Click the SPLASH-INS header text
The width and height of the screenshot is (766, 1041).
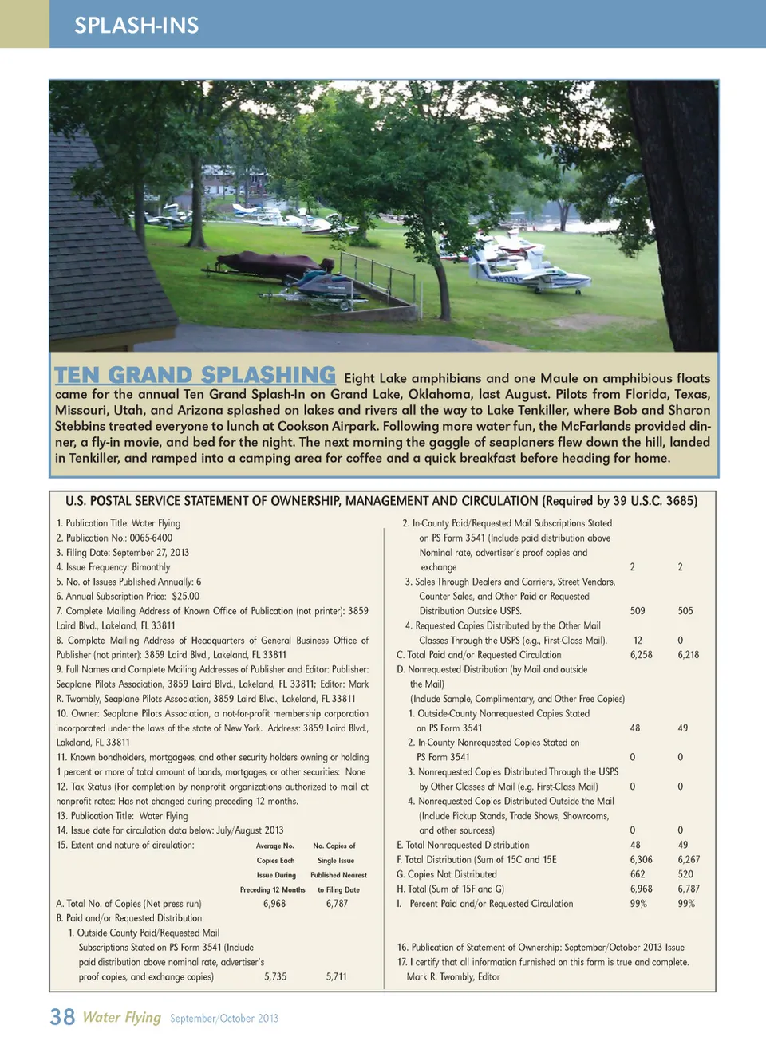click(x=136, y=26)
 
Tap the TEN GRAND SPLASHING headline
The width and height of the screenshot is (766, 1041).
click(x=195, y=375)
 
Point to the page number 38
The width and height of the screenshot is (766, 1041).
click(x=62, y=1017)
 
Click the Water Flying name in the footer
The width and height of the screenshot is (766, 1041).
click(x=122, y=1017)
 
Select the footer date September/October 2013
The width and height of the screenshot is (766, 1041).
click(x=224, y=1019)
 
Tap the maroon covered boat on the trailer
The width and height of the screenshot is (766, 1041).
click(x=267, y=264)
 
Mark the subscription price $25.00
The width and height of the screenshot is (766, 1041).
click(x=185, y=597)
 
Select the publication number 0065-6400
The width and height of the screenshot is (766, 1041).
click(x=151, y=538)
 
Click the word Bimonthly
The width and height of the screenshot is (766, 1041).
click(x=151, y=567)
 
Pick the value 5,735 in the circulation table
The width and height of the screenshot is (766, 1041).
click(x=275, y=976)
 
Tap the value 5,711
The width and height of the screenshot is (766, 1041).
click(x=336, y=976)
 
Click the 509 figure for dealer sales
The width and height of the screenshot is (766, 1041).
click(x=638, y=611)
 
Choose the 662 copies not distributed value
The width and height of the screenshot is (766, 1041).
click(x=638, y=874)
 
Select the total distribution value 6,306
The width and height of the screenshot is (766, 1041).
click(x=641, y=860)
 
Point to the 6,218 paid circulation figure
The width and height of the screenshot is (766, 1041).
click(x=688, y=655)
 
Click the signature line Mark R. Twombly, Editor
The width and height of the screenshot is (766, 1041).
click(x=453, y=977)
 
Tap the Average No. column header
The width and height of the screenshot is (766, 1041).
click(x=275, y=846)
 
